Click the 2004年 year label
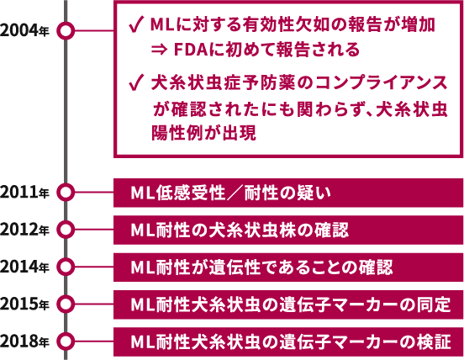tap(24, 31)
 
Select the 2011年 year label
tap(24, 193)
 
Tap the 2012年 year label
tap(24, 230)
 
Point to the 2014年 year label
tap(24, 267)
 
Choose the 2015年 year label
tap(24, 304)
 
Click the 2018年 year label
tap(24, 341)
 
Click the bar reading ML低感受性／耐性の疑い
tap(288, 193)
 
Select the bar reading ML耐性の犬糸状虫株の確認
tap(288, 230)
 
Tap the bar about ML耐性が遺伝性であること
tap(288, 267)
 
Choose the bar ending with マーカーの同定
tap(288, 304)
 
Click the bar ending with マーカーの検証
tap(288, 341)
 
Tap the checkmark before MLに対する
tap(136, 24)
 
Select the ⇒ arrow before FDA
tap(159, 50)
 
